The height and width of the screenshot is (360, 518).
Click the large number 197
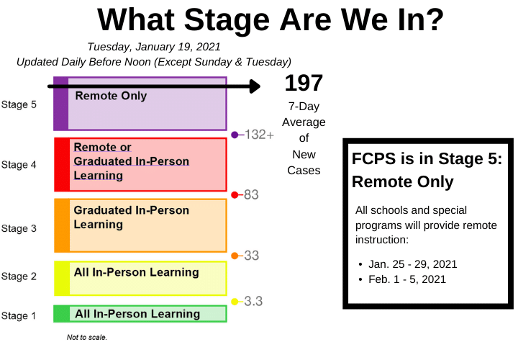[304, 83]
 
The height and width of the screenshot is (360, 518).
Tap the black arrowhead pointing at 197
[255, 86]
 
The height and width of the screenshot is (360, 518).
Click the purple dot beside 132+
[235, 135]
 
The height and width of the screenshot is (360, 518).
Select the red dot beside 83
[235, 195]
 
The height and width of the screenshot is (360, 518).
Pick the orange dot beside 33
[235, 256]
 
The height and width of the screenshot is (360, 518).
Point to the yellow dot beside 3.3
[235, 302]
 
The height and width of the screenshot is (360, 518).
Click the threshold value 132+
[259, 135]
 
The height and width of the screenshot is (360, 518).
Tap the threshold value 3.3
[253, 301]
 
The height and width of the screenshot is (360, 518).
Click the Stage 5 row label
[19, 104]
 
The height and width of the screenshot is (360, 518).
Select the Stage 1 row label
[19, 315]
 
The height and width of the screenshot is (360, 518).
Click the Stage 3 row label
[19, 228]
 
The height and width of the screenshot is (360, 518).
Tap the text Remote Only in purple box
[111, 96]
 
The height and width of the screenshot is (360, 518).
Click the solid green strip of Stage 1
[62, 314]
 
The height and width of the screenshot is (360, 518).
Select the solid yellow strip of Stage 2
[62, 278]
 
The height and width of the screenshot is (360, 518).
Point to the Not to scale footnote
[87, 337]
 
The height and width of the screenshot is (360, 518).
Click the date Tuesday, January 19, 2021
[154, 47]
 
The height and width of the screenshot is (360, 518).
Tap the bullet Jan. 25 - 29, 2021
[413, 264]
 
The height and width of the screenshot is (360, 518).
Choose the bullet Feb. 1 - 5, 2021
[407, 279]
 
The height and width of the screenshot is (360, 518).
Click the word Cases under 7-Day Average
[304, 170]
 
